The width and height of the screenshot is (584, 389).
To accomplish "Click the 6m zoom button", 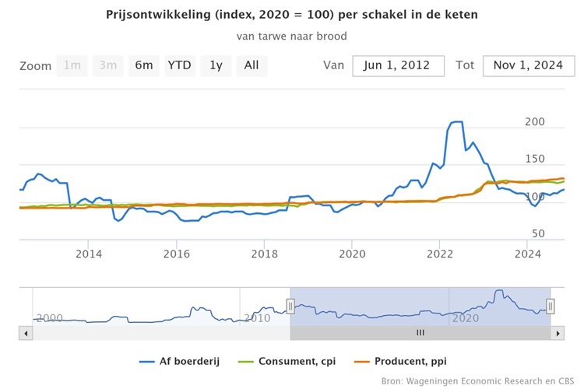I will coord(144,65).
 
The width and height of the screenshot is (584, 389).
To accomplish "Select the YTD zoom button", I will coord(180,65).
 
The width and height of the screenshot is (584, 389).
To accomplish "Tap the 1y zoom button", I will coord(216,65).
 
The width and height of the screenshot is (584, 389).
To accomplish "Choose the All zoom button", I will coord(252,65).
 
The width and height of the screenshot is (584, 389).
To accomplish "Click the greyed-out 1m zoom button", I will coord(72,65).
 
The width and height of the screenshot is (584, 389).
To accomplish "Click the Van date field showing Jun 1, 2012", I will coord(398,65).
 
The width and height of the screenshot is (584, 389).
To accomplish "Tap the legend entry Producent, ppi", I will coord(410,361).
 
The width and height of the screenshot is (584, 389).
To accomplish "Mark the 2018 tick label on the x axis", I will coord(265,254).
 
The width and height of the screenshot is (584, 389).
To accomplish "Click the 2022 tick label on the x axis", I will coord(440,254).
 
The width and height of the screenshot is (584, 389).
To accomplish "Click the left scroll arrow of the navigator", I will coord(25,333).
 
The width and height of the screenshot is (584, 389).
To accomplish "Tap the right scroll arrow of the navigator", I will coord(557,333).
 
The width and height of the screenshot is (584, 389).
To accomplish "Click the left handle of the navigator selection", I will coord(290,307).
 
